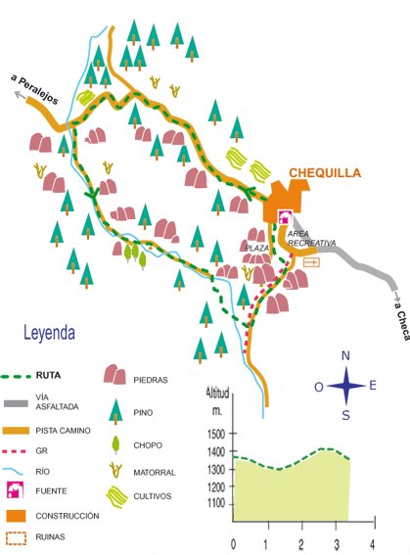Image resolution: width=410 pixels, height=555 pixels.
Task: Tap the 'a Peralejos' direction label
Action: [35, 91]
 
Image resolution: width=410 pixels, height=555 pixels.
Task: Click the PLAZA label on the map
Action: [256, 249]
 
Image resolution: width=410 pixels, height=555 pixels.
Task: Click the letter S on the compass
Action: [345, 414]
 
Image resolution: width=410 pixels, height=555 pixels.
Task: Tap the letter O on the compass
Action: [318, 387]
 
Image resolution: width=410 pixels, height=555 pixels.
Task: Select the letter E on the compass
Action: [373, 386]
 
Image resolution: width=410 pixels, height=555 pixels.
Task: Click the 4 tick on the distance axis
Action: [372, 542]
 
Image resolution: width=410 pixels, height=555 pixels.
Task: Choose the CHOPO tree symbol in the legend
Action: [115, 442]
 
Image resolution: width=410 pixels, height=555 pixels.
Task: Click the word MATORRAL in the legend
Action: [155, 473]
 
